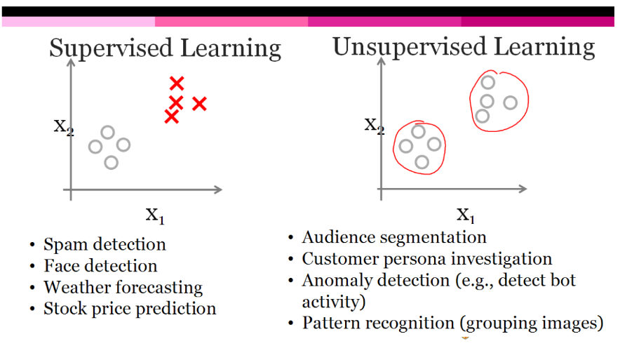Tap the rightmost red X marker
point(199,104)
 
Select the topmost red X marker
point(177,84)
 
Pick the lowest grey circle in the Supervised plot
point(111,162)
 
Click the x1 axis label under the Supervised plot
point(155,214)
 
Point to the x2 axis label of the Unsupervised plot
point(374,125)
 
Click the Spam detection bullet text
point(105,244)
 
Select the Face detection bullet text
point(100,266)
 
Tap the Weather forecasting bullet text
point(123,287)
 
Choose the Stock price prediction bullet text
point(130,308)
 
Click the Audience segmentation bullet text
point(394,237)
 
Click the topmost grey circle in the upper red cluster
point(488,83)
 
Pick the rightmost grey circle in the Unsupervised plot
point(510,102)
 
